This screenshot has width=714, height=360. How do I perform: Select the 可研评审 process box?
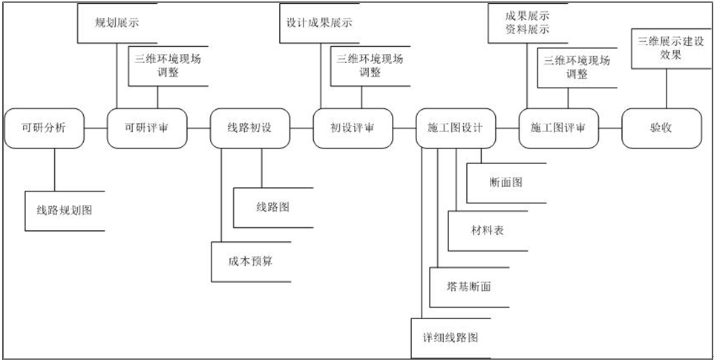point(147,128)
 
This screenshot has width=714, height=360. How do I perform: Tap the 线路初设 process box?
point(249,128)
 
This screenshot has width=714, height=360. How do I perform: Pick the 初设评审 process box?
point(352,128)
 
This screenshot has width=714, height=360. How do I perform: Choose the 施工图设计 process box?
point(455,128)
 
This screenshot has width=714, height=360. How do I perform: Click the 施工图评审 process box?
point(558,128)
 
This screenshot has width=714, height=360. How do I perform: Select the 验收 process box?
point(661,128)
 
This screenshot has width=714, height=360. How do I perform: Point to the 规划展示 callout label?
point(117,23)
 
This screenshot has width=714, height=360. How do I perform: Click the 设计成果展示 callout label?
point(319,23)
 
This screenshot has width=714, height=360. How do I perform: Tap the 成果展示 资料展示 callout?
point(528,22)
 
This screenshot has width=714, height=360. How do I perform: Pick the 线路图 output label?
point(272,207)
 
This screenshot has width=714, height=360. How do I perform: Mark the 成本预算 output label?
point(250,261)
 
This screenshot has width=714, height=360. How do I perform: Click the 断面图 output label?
point(505,183)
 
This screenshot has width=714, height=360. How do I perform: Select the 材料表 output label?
point(487,231)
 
